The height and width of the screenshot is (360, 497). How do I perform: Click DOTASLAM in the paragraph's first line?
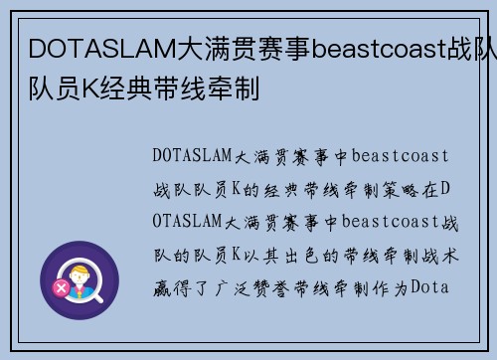point(193,155)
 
